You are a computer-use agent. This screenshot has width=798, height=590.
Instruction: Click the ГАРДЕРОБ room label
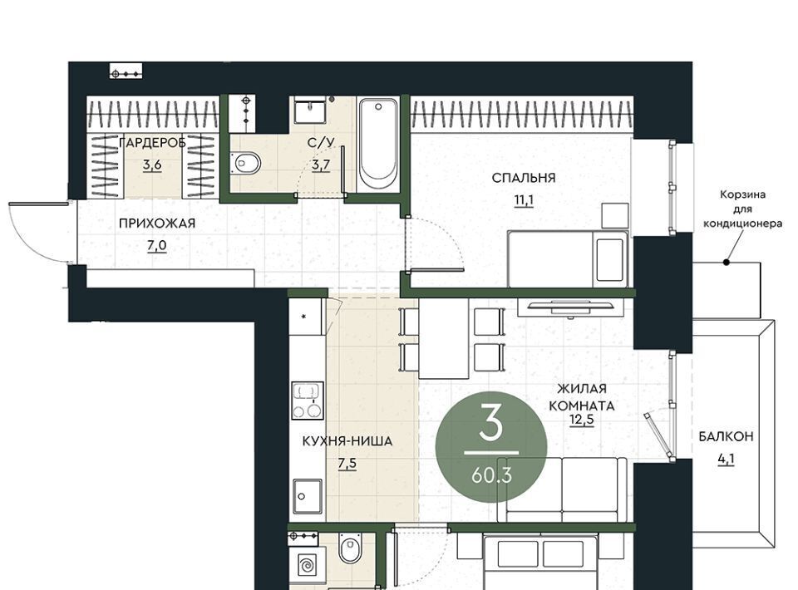click(x=152, y=143)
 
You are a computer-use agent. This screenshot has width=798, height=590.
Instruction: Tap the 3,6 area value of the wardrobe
click(x=152, y=165)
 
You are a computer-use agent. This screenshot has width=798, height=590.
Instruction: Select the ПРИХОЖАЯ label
click(x=157, y=224)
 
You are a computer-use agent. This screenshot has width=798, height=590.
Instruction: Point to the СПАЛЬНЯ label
click(x=523, y=178)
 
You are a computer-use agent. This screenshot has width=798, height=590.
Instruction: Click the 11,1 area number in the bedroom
click(x=523, y=200)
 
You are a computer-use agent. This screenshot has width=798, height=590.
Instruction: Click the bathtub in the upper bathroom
click(x=377, y=145)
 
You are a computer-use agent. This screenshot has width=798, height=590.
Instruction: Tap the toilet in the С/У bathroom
click(x=245, y=163)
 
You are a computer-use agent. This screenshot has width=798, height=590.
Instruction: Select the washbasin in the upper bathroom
click(x=309, y=111)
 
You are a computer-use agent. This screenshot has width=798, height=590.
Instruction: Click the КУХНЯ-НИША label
click(x=347, y=441)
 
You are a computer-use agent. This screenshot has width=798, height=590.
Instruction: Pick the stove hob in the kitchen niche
click(x=308, y=401)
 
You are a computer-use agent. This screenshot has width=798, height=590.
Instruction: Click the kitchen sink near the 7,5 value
click(x=308, y=496)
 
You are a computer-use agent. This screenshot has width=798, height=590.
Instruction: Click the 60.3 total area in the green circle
click(x=491, y=475)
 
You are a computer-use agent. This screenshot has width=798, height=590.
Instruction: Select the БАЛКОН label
click(x=726, y=436)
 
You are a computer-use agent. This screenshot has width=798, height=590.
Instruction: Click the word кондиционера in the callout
click(x=742, y=224)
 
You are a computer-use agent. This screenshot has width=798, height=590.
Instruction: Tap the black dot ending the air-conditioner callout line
click(x=727, y=263)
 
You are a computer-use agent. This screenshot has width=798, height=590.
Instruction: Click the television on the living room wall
click(x=571, y=307)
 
